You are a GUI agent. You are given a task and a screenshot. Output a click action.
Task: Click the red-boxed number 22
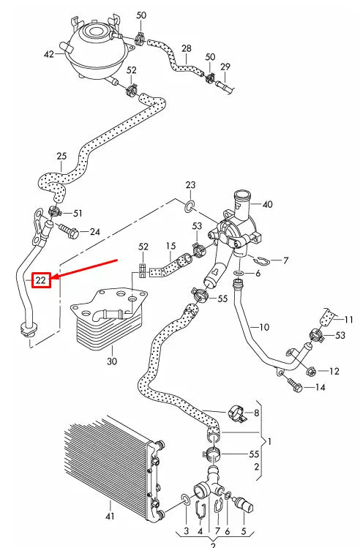tap(41, 279)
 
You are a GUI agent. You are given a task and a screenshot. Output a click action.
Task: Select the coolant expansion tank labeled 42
tap(94, 47)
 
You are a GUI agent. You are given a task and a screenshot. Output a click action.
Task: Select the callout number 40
tap(267, 204)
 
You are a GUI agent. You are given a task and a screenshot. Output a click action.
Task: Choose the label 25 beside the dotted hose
tap(61, 156)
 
